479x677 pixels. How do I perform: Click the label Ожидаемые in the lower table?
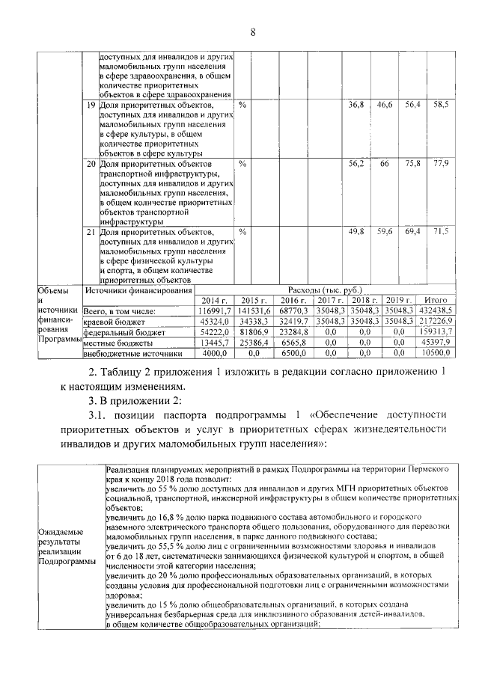58,532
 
